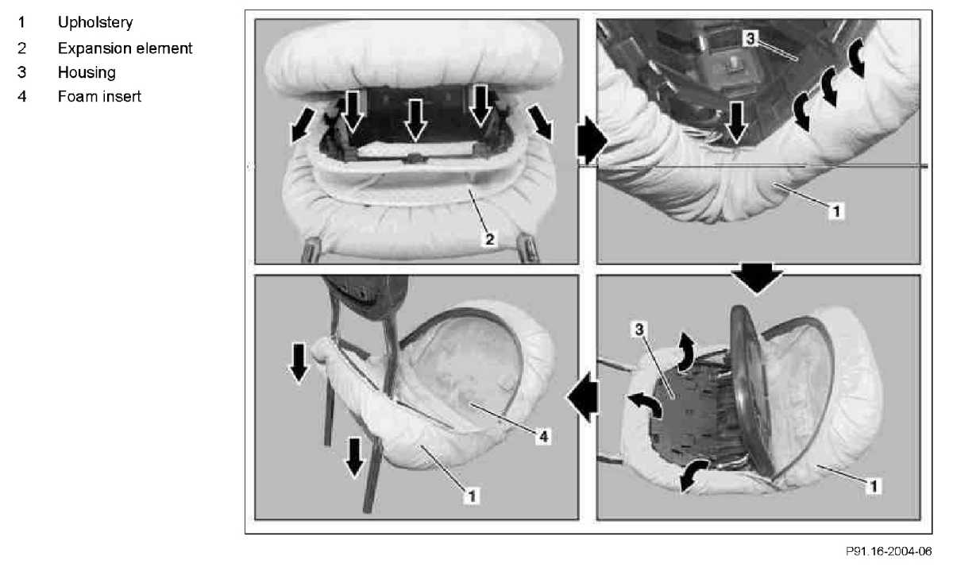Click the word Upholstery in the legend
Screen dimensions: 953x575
click(95, 22)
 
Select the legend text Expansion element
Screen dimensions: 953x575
click(125, 48)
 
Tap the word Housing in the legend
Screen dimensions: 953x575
click(87, 72)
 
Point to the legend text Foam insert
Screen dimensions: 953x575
click(99, 97)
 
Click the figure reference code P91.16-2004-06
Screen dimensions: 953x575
click(889, 551)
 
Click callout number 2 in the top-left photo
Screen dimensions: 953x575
click(490, 239)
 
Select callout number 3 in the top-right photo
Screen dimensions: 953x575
click(750, 38)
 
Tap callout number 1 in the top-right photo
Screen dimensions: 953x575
click(836, 211)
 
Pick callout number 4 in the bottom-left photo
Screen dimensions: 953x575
click(543, 436)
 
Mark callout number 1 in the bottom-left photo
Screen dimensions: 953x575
click(472, 496)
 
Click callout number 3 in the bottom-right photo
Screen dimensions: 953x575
click(639, 330)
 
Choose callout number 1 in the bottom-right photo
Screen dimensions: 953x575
click(874, 486)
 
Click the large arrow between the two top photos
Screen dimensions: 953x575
click(592, 140)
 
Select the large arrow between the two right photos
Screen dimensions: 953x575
click(757, 278)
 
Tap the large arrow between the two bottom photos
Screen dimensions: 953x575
click(583, 397)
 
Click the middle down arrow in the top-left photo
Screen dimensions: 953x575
click(415, 121)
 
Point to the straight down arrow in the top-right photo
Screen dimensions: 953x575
click(736, 122)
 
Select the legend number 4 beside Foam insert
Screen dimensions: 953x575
click(22, 97)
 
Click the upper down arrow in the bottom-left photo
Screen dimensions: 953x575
click(299, 363)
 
